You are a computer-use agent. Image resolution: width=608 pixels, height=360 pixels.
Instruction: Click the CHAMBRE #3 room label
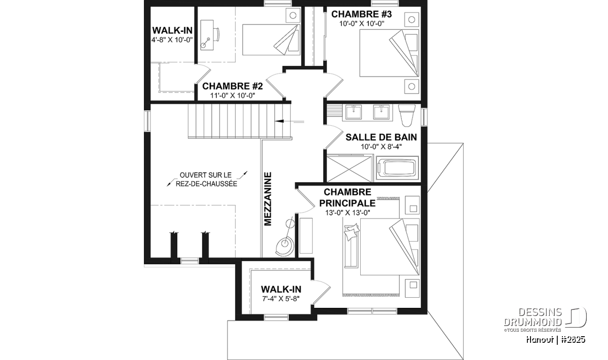361,14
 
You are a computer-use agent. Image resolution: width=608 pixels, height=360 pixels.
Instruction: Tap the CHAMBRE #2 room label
233,86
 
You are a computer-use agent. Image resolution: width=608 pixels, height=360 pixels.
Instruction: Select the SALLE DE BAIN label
381,137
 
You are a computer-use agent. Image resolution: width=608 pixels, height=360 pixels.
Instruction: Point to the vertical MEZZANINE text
268,199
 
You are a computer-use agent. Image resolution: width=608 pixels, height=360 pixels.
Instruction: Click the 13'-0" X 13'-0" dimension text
348,213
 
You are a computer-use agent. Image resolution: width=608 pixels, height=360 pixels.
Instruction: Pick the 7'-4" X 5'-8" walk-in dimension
281,299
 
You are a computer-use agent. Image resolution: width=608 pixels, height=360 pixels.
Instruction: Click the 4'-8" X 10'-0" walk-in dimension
172,40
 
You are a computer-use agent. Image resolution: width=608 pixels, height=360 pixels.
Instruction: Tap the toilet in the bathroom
406,115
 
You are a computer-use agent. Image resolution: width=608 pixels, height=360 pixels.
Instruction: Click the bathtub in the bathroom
397,169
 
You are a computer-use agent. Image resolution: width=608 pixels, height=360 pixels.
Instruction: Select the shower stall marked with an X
349,168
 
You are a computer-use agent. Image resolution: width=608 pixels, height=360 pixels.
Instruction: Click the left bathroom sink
354,112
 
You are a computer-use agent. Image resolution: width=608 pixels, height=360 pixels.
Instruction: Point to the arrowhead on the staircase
279,121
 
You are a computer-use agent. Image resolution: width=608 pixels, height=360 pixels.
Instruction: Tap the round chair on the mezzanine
284,246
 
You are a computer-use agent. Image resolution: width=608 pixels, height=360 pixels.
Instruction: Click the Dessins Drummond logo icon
576,317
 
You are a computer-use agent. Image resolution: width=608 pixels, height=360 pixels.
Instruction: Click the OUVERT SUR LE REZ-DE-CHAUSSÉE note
206,179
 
